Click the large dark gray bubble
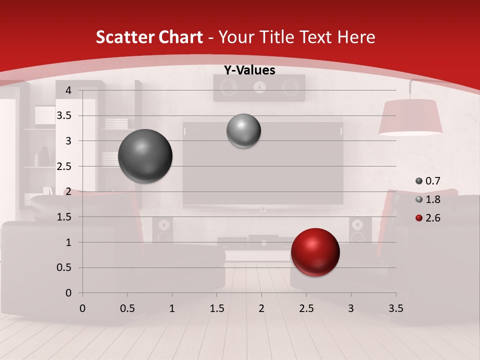coord(145,156)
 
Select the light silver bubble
coord(243,131)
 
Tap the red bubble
coord(315,252)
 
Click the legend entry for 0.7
coord(428,181)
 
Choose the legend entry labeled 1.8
coord(428,199)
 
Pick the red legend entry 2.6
coord(428,217)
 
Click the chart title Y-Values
coord(249,70)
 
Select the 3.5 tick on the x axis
coord(396,308)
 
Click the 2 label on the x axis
coord(261,308)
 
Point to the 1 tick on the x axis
coord(172,308)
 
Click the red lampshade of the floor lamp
coord(410,117)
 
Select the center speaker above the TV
coord(259,88)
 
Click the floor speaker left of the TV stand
coord(162,231)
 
